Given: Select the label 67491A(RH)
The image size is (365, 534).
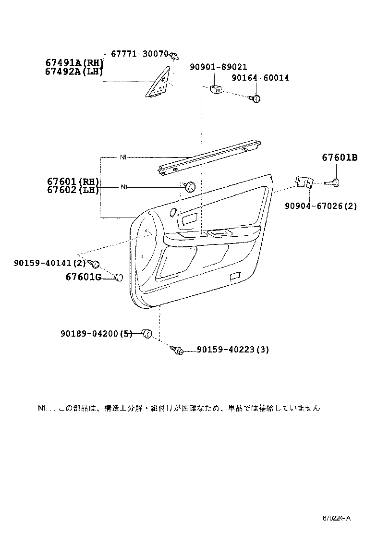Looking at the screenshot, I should (x=74, y=62).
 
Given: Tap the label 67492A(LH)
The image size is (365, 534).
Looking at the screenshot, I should (x=74, y=72).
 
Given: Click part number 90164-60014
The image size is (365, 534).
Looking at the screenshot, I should (x=260, y=78).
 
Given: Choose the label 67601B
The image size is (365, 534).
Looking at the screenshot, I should (x=340, y=158).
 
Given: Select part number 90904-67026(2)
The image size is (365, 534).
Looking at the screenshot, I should (x=320, y=206).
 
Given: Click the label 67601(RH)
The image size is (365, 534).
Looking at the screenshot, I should (x=73, y=181).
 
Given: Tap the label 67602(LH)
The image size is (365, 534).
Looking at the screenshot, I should (x=73, y=190).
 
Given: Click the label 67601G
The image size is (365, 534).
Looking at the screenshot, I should (x=83, y=277).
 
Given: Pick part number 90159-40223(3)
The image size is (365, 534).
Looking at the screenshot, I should (x=232, y=350).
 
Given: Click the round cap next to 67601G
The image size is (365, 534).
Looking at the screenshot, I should (x=119, y=277).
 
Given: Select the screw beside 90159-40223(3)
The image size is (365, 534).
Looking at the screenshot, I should (x=178, y=351).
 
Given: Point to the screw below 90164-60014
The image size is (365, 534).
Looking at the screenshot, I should (x=255, y=98).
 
